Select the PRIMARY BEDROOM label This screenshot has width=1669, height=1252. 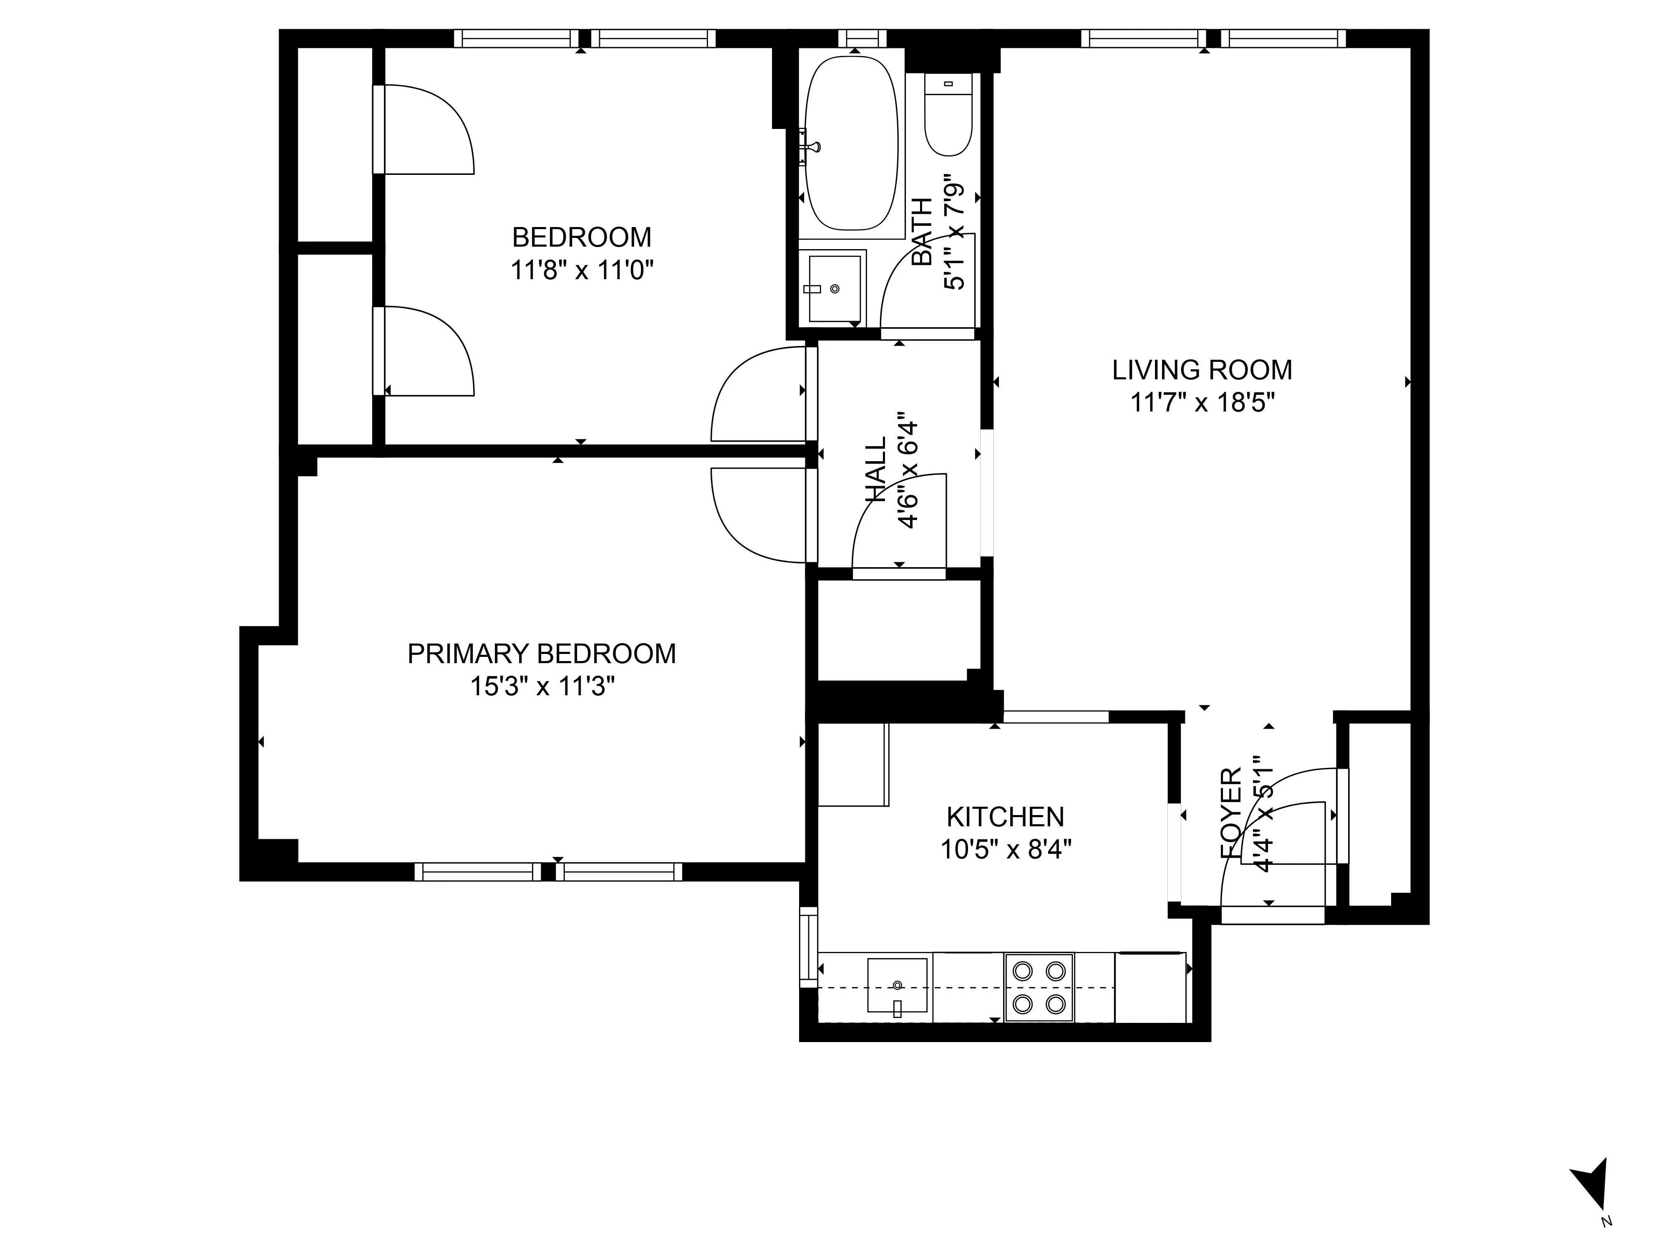541,654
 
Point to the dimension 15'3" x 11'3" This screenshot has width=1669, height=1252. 541,687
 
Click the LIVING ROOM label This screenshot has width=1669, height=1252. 1202,370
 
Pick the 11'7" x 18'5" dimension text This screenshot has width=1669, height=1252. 1202,403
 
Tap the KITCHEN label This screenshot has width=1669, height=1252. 1005,817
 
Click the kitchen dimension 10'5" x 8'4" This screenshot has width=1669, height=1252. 1005,850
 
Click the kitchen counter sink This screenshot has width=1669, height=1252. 897,985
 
